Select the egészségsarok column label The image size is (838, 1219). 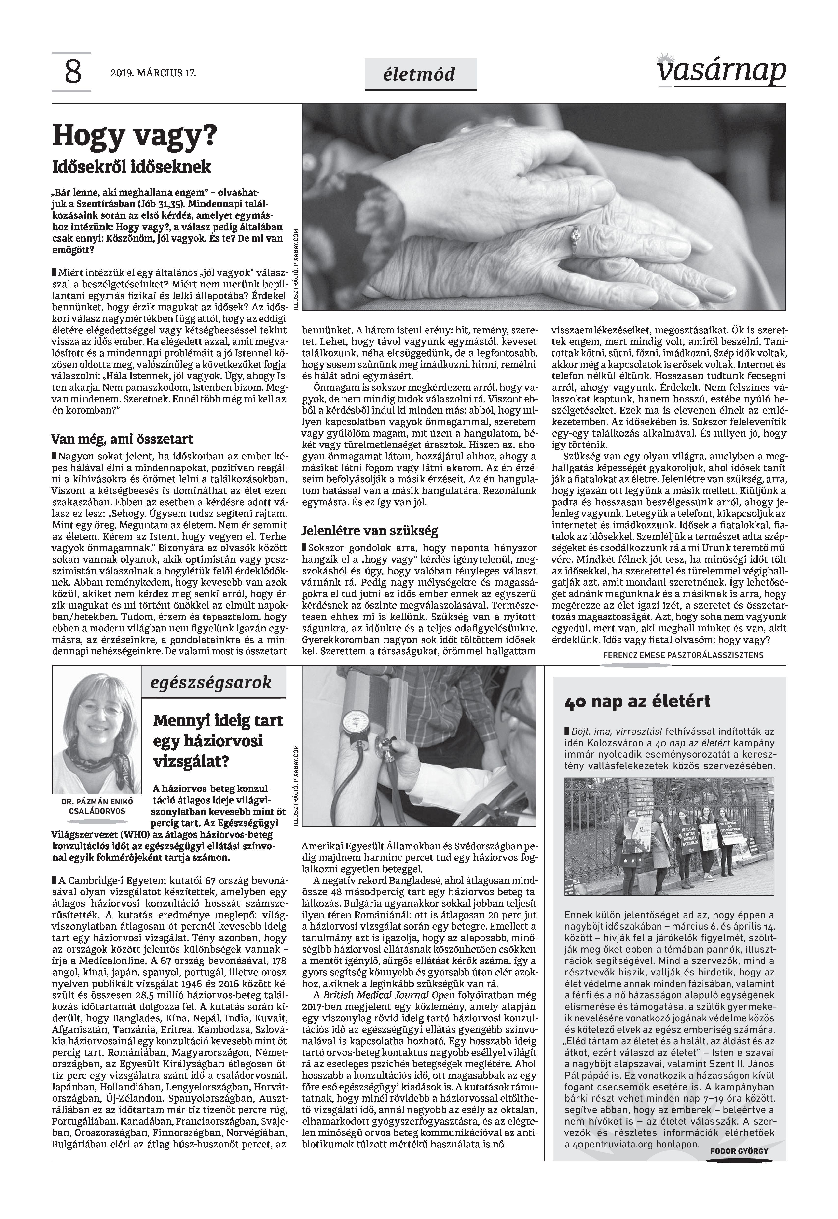211,683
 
